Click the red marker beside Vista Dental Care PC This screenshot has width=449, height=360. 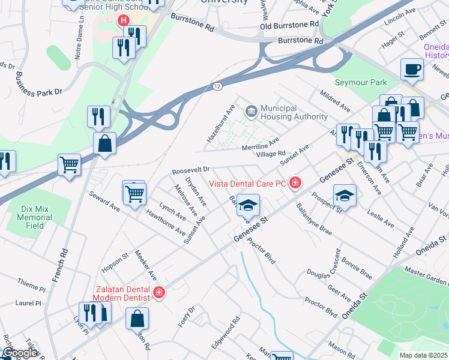(295, 183)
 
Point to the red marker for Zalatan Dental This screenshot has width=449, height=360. (159, 293)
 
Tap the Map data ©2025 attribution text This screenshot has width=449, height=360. (424, 355)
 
